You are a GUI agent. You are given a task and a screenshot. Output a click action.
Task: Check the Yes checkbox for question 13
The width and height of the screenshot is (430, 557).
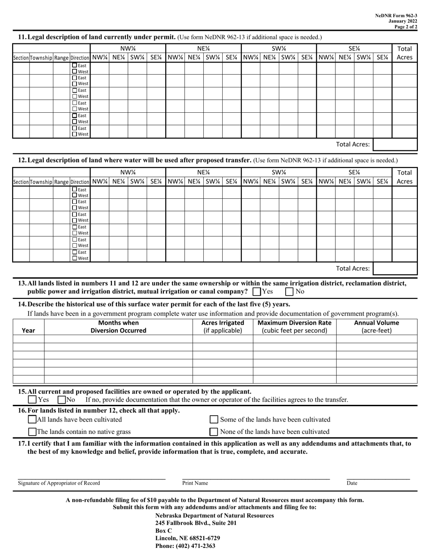(257, 292)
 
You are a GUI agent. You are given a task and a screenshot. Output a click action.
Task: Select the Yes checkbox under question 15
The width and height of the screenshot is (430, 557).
(32, 400)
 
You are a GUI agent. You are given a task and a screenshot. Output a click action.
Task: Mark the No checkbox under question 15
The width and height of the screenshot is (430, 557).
(62, 400)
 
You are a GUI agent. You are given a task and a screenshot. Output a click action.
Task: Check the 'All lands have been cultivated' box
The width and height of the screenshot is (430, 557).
(32, 419)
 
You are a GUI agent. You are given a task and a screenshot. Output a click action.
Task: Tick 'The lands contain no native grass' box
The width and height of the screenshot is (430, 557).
(32, 432)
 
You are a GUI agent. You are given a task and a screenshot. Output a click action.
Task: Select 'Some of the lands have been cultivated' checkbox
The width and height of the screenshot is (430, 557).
(215, 419)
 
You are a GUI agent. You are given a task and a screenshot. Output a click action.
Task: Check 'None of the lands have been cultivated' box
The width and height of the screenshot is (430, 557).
(215, 432)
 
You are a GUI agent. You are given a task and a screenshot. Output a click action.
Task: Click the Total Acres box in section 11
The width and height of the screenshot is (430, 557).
(395, 144)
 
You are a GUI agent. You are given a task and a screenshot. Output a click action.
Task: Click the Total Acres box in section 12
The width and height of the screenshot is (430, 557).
(395, 268)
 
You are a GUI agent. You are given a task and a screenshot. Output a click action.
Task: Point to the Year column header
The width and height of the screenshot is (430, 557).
(28, 331)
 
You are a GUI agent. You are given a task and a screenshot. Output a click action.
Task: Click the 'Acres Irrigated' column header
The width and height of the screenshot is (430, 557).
(222, 327)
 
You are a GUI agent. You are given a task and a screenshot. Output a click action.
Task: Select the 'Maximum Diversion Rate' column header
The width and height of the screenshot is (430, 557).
(294, 327)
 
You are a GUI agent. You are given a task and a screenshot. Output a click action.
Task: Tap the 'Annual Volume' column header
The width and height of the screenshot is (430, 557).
(376, 327)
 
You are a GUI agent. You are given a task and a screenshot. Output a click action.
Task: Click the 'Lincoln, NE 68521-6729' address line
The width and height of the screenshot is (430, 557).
(187, 538)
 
